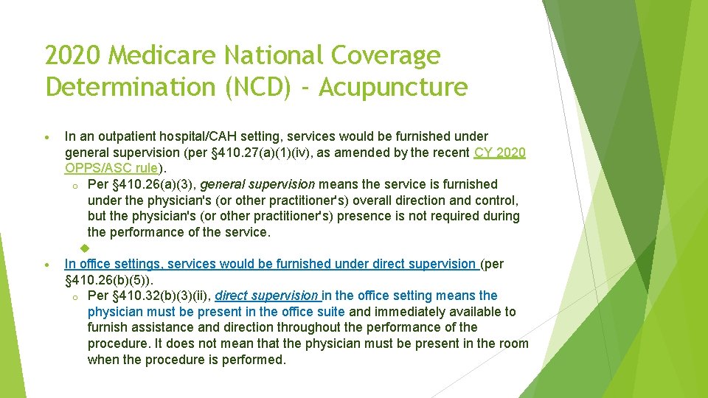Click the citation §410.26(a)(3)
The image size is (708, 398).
[x=154, y=184]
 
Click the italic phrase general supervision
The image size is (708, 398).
[x=257, y=184]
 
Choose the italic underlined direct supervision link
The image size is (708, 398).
[x=267, y=296]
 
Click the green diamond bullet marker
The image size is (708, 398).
[x=84, y=248]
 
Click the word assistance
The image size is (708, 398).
[x=164, y=327]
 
